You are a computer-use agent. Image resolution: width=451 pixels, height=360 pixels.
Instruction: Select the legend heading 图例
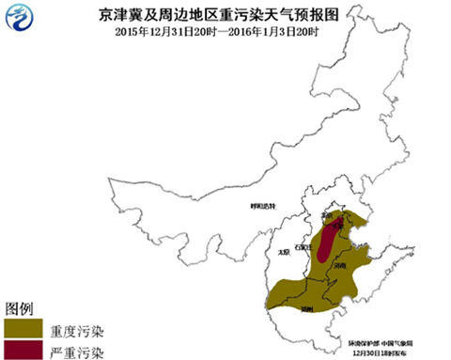pyautogui.click(x=20, y=308)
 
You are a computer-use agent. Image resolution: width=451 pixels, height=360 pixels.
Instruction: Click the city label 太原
pyautogui.click(x=285, y=252)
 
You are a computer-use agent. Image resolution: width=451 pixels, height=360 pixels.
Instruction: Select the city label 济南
pyautogui.click(x=340, y=266)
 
